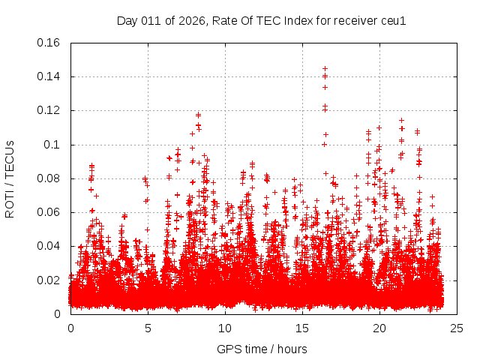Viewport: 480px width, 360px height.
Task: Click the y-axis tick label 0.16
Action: (49, 43)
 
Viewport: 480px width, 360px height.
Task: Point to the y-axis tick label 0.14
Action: (49, 76)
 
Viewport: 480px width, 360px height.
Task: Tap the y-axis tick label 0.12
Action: (49, 110)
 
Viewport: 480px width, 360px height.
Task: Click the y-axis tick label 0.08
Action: (49, 178)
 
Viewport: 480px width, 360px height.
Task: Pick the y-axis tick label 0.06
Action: (49, 212)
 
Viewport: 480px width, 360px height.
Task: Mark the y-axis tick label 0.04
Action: (49, 246)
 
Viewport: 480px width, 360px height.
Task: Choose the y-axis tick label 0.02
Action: (49, 280)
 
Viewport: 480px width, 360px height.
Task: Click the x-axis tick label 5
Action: (148, 328)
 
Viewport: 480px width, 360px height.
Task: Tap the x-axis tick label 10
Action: (225, 328)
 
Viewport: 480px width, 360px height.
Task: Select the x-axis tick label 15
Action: (302, 328)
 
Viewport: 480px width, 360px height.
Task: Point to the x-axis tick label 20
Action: (379, 328)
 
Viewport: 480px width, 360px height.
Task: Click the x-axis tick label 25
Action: (457, 328)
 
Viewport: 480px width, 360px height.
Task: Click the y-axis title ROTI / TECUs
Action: (10, 178)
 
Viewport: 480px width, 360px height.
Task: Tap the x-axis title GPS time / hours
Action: (262, 349)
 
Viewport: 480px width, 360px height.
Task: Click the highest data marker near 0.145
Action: (325, 69)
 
